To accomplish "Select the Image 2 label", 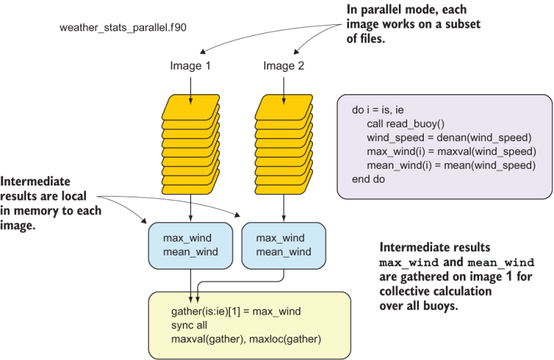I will [x=283, y=66].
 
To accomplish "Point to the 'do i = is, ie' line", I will [x=383, y=109].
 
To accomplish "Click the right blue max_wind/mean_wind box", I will [x=283, y=245].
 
